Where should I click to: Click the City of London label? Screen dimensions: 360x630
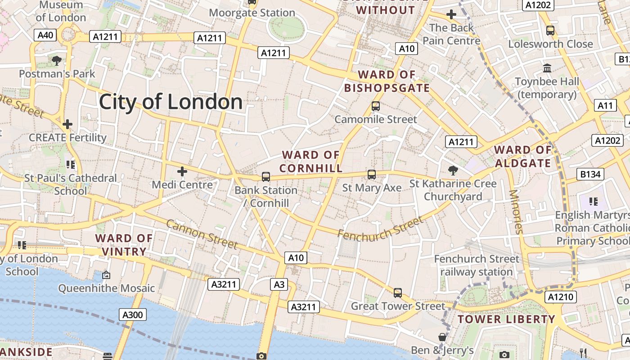pos(171,102)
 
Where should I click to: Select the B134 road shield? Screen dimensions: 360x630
pos(590,174)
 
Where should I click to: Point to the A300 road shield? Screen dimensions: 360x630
pos(133,315)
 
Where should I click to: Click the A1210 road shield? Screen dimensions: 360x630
pos(561,297)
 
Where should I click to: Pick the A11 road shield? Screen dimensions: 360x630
pos(605,106)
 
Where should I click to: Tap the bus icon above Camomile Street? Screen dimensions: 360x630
pos(375,107)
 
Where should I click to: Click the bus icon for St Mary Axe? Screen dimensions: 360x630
pos(371,175)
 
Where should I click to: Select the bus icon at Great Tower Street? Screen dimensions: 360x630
pos(397,293)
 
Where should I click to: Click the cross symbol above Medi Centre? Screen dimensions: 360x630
pos(182,171)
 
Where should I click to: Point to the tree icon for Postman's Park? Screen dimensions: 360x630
pos(57,60)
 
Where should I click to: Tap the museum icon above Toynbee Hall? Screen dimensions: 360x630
pos(547,68)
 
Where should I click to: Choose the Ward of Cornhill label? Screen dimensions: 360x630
pos(310,162)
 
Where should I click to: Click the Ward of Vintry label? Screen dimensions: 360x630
pos(124,245)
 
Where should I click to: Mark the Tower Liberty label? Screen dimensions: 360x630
pos(506,319)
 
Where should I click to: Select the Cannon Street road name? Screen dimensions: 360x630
pos(202,234)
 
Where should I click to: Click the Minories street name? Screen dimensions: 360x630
pos(516,211)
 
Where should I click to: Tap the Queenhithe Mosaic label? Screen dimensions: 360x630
pos(107,288)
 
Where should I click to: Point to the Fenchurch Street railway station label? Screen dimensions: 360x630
pos(476,265)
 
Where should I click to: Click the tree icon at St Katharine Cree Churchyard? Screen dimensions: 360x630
pos(453,170)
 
